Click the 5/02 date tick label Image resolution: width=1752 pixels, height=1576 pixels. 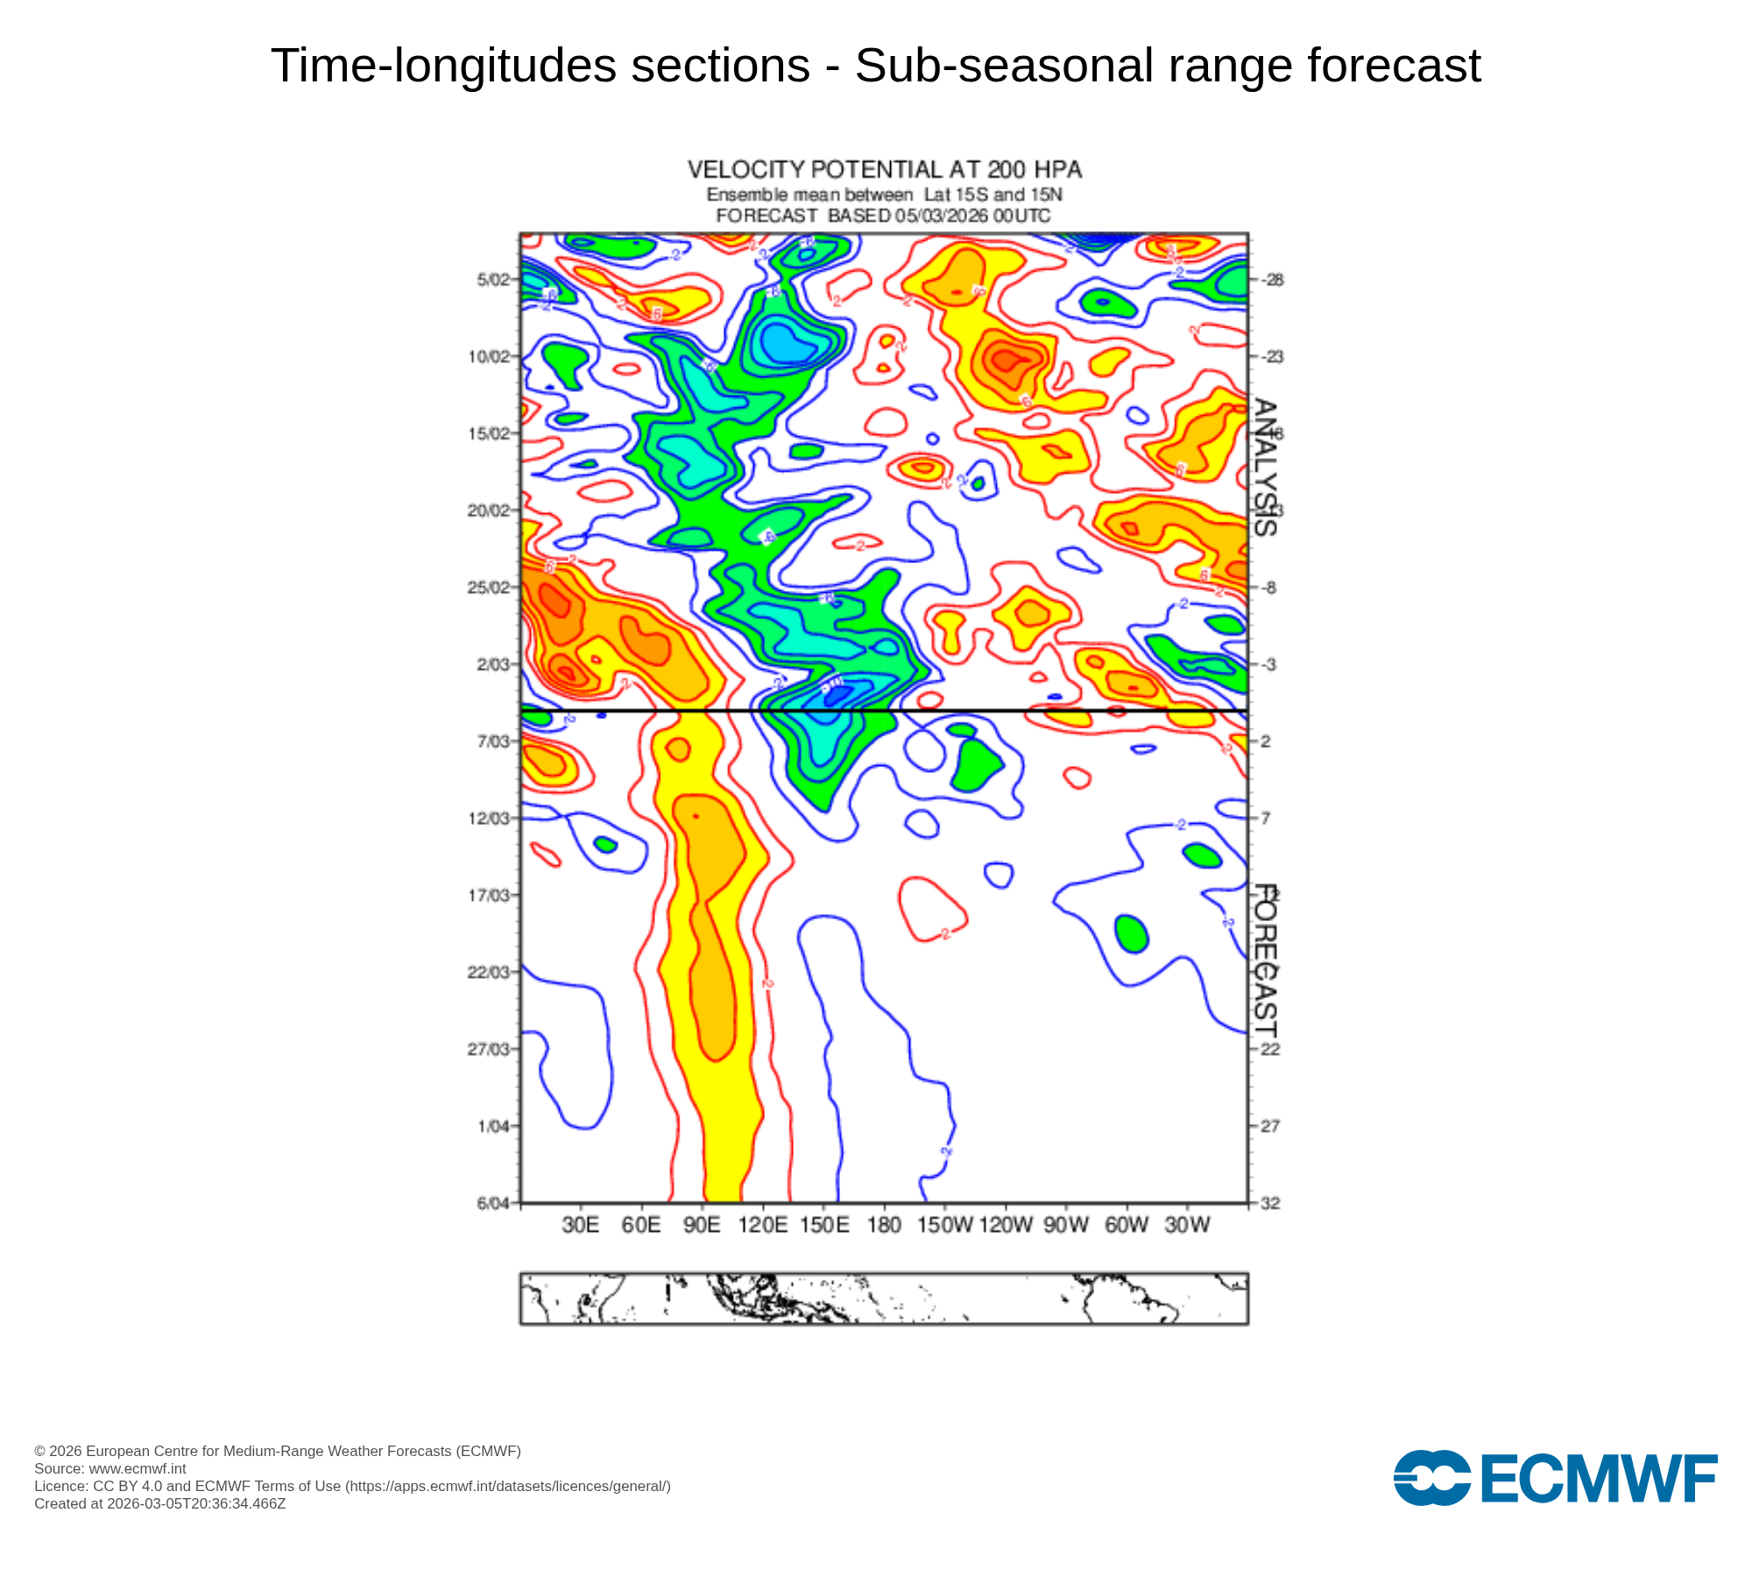(x=492, y=280)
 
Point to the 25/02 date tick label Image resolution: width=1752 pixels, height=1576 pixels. (x=489, y=587)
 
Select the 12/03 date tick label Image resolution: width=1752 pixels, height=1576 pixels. (x=489, y=819)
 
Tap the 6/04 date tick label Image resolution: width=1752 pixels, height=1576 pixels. (x=492, y=1203)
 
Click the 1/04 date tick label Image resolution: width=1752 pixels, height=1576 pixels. (x=492, y=1126)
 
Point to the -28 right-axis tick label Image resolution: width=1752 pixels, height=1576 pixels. (x=1272, y=280)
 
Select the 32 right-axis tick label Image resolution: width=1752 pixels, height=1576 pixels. (x=1270, y=1203)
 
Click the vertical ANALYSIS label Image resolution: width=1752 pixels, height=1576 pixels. (x=1265, y=468)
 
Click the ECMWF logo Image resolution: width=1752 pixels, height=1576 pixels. (x=1555, y=1478)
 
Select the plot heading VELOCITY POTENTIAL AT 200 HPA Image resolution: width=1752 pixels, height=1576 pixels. (x=884, y=169)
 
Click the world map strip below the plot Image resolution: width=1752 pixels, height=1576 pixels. (x=884, y=1298)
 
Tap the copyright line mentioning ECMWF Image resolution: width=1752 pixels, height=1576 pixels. (x=278, y=1451)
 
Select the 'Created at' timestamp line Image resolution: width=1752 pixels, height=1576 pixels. (x=160, y=1504)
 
